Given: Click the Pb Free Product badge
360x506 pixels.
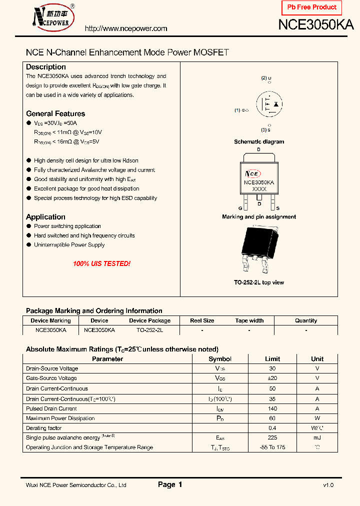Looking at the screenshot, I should [312, 7].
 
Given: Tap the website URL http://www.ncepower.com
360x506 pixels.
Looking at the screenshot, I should [126, 28].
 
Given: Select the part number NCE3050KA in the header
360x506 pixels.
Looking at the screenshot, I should [316, 25].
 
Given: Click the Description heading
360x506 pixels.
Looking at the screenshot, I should [46, 67].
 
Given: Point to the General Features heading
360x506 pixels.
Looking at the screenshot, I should [55, 113].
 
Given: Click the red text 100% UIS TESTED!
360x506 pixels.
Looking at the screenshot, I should [101, 263].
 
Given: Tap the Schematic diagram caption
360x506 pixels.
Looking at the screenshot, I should [259, 142].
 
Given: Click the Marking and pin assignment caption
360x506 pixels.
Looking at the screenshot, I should [259, 217].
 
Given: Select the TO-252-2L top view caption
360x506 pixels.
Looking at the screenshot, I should [259, 282].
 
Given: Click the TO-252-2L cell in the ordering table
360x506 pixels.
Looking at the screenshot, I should [149, 330].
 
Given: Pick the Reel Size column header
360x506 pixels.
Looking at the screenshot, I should [202, 320].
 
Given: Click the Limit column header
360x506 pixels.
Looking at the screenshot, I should [272, 359].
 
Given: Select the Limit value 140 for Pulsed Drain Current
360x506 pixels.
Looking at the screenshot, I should [272, 408].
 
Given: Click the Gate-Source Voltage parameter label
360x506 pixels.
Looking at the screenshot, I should [51, 378].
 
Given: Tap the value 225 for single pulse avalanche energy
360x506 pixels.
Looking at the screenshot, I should [272, 437].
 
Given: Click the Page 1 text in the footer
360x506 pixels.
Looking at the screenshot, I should [170, 484].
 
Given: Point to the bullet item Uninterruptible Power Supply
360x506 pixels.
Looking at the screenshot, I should [69, 245].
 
